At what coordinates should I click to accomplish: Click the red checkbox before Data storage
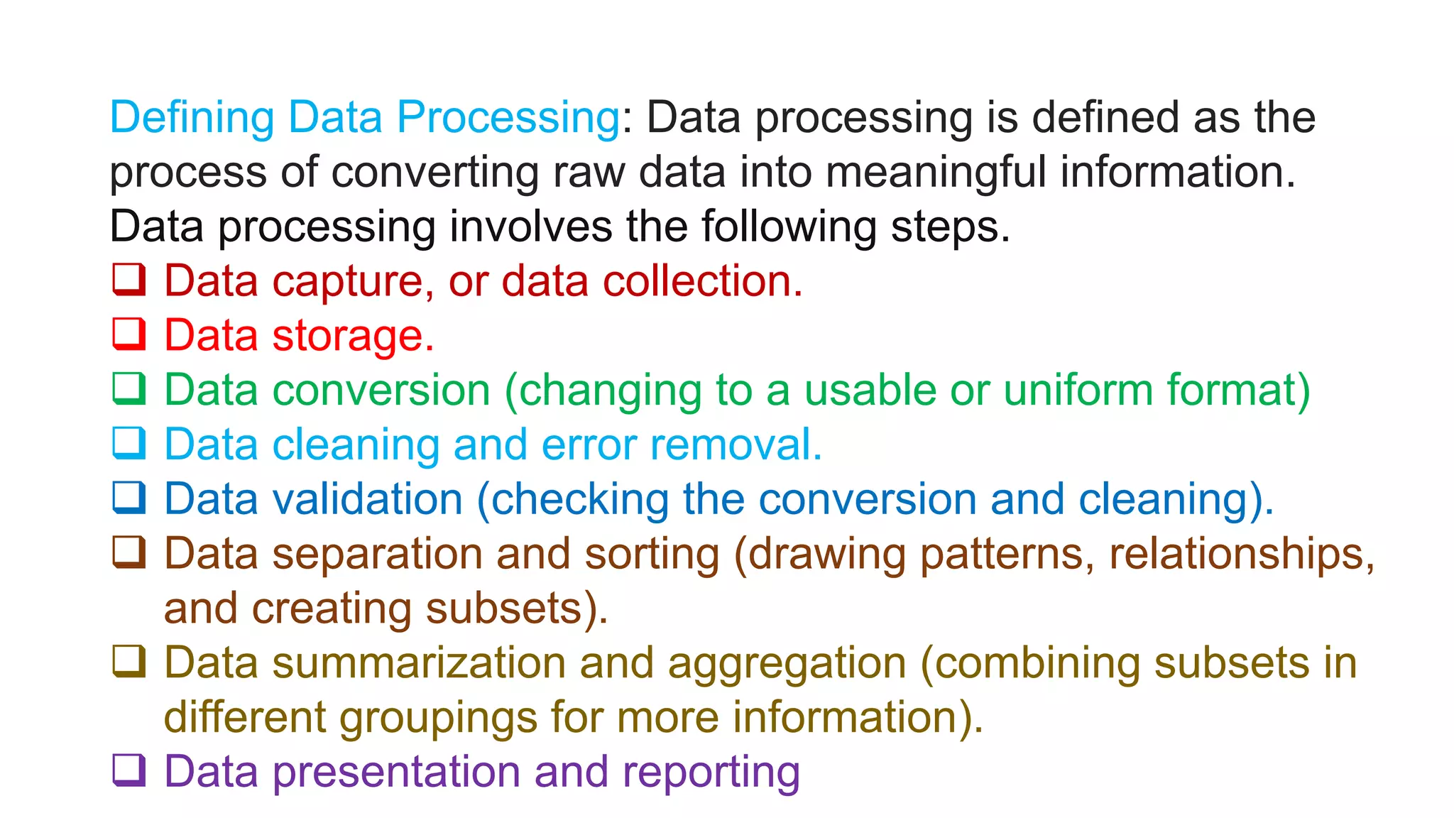pos(129,334)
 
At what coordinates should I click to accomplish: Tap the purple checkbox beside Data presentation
pos(129,770)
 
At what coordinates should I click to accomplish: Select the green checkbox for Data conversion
pos(129,389)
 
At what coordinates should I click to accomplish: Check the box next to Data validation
pos(129,498)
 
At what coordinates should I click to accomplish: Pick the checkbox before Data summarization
pos(129,662)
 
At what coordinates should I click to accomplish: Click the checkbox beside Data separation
pos(129,552)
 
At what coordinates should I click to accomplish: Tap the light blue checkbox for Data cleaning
pos(129,443)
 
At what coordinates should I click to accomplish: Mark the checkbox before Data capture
pos(129,280)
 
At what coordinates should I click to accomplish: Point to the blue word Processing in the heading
pos(508,118)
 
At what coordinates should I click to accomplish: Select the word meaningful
pos(936,173)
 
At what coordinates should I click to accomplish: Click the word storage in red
pos(353,337)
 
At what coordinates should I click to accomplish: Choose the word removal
pos(736,445)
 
